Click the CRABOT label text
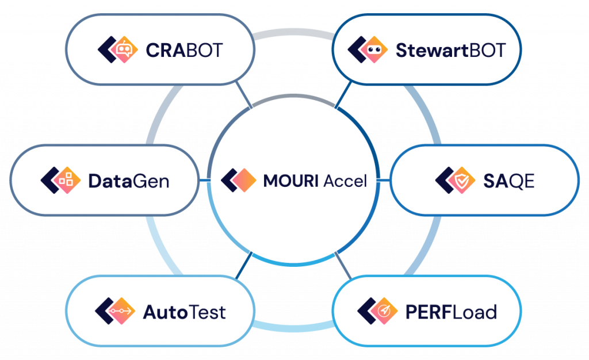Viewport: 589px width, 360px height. coord(183,51)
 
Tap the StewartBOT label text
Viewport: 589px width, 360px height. coord(450,51)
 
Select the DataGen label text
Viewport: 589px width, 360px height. coord(128,181)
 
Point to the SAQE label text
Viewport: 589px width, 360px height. coord(508,181)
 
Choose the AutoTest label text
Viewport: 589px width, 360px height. coord(184,312)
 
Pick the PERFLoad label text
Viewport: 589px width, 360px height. coord(451,312)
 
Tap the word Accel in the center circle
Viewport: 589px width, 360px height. coord(345,181)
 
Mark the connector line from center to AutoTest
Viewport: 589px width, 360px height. coord(243,266)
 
